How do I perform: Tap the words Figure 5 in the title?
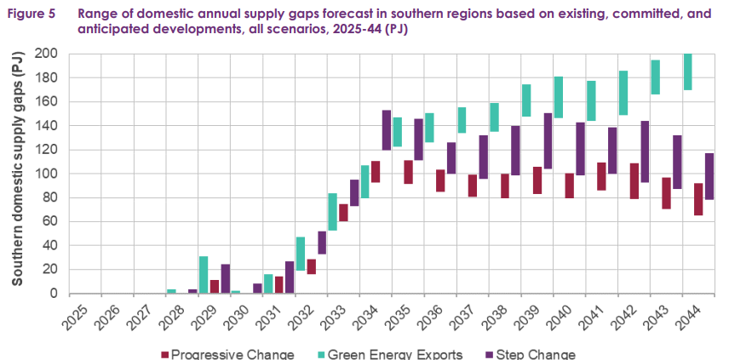click(x=32, y=13)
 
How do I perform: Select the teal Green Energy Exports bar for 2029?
click(x=204, y=275)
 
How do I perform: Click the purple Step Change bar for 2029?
click(x=225, y=278)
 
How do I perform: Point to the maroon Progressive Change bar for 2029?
click(x=215, y=287)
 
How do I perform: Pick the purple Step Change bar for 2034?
click(x=387, y=129)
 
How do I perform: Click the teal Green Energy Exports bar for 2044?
click(x=687, y=71)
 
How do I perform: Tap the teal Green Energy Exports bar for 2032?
click(x=301, y=254)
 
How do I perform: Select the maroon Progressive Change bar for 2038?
click(x=505, y=186)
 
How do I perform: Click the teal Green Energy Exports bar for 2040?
click(x=559, y=97)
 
